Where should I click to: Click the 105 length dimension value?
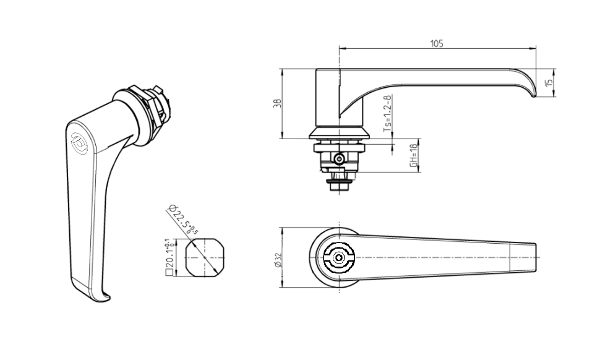[x=437, y=43]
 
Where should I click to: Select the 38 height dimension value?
[x=277, y=103]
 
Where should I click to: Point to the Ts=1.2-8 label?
[x=387, y=114]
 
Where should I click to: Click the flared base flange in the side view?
[x=339, y=134]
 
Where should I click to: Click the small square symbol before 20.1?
[x=168, y=270]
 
